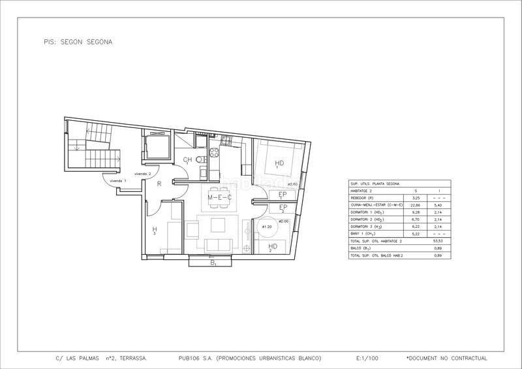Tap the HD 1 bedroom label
(279, 164)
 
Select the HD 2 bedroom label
(273, 246)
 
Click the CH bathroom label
(187, 160)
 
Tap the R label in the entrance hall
(159, 184)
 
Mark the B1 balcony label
(213, 263)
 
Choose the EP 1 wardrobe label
(283, 195)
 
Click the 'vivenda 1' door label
(117, 181)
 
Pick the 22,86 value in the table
(415, 204)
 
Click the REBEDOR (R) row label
(363, 197)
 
